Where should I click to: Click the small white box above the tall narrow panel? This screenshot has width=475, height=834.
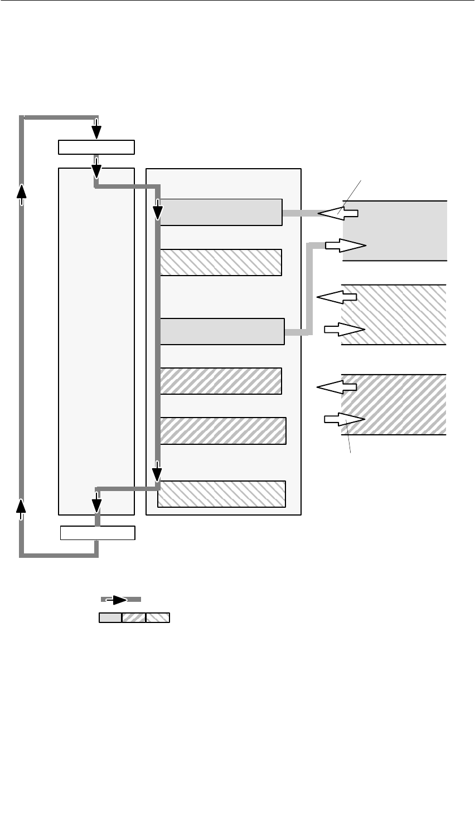96,147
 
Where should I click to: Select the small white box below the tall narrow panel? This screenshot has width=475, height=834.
98,533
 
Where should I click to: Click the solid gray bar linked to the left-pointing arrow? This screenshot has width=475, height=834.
221,212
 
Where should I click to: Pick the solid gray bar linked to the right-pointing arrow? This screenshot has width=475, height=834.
222,331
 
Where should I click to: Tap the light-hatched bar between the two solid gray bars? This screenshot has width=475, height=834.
221,262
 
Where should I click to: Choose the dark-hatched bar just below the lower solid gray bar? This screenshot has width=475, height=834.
221,381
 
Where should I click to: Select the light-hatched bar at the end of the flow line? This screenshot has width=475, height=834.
221,494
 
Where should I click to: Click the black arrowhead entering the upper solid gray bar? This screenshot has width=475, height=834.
158,212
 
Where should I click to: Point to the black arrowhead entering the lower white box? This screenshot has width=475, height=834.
97,504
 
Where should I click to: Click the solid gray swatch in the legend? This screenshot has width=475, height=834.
110,617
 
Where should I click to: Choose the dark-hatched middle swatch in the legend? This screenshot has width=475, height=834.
134,617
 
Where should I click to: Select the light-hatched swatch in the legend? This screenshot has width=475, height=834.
158,617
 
